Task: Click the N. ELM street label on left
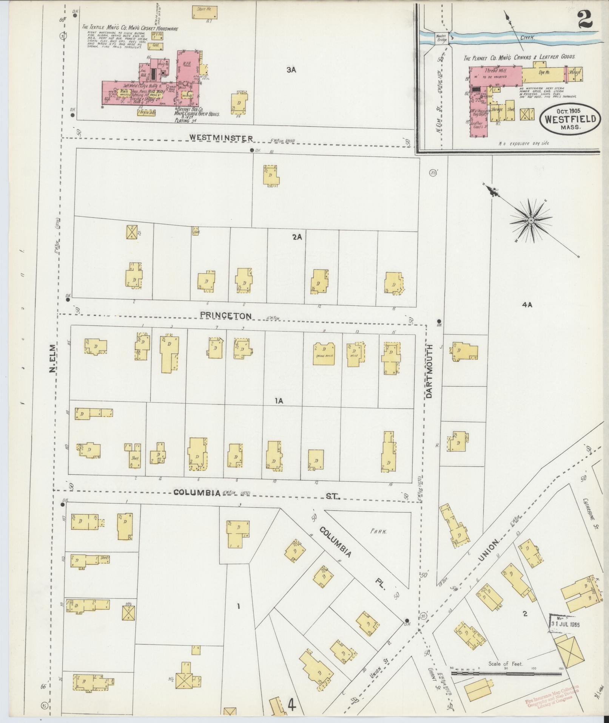[52, 358]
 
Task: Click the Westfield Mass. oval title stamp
[570, 119]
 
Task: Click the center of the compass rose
[531, 220]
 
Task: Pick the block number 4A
[527, 305]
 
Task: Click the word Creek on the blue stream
[528, 38]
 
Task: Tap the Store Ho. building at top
[205, 12]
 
